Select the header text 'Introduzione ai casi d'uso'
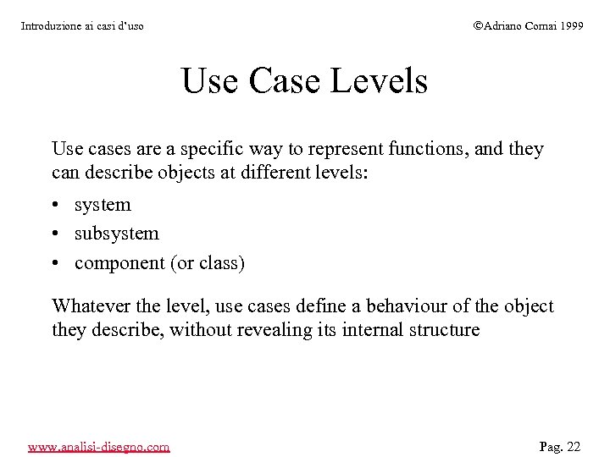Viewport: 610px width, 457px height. click(82, 26)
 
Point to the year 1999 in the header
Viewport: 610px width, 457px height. click(570, 26)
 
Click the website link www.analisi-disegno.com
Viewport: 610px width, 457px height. click(98, 446)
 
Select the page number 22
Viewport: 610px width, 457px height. click(574, 446)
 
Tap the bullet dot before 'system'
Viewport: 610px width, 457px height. click(56, 206)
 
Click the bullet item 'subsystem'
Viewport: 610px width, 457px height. click(117, 234)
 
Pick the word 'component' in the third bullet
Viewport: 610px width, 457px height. click(119, 263)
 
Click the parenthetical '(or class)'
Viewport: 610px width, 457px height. click(208, 263)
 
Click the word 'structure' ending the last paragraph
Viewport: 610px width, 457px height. click(445, 330)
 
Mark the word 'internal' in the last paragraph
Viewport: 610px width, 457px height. click(373, 330)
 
